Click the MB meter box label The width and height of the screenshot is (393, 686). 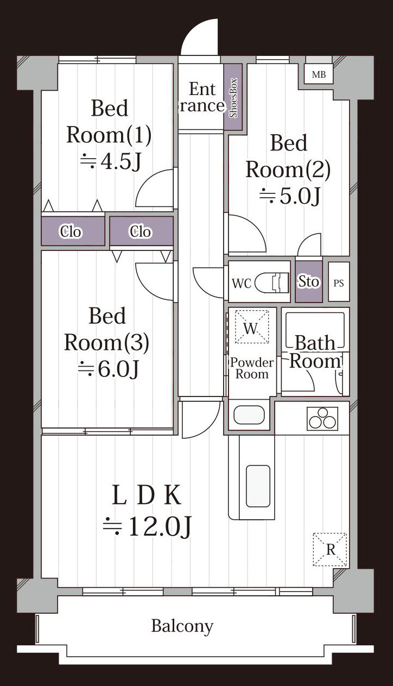click(319, 74)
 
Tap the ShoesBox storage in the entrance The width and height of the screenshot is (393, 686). click(233, 97)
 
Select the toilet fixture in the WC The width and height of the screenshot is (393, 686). click(272, 282)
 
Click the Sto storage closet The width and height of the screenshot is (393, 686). click(309, 281)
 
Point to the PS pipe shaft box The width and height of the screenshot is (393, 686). click(339, 282)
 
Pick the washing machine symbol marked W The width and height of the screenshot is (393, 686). click(251, 326)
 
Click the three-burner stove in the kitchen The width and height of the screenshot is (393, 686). click(322, 418)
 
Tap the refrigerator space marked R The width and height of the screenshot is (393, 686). click(330, 550)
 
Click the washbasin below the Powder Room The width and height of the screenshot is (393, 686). click(249, 416)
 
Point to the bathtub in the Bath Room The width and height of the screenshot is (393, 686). click(315, 330)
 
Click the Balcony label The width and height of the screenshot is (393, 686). click(182, 626)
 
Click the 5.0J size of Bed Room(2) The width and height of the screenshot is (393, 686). click(290, 196)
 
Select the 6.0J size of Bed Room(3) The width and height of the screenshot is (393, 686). click(109, 368)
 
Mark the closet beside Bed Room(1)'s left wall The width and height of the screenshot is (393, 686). click(73, 231)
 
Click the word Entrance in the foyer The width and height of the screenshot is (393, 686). click(202, 97)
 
